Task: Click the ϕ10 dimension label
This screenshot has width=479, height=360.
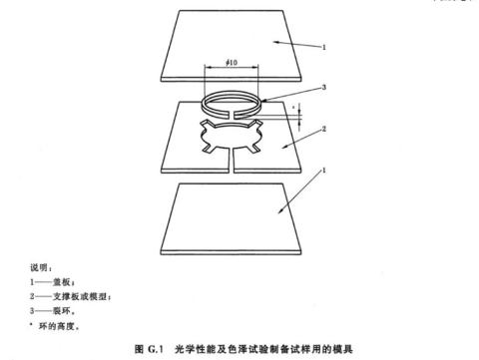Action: tap(232, 64)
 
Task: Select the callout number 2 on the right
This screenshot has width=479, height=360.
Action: tap(323, 128)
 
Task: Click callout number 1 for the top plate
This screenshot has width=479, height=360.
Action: tap(323, 45)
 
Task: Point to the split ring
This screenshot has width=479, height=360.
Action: tap(231, 108)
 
